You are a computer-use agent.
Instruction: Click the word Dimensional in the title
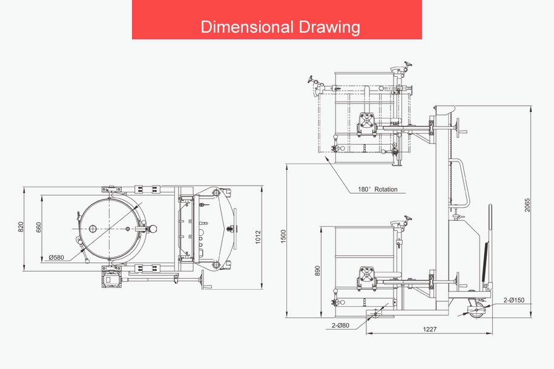coord(247,27)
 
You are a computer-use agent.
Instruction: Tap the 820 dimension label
coord(21,227)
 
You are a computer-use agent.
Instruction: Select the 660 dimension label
coord(39,227)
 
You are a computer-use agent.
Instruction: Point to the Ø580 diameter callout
coord(56,258)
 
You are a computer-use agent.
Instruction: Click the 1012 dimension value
coord(258,237)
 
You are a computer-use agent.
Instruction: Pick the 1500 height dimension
coord(283,237)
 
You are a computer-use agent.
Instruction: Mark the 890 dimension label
coord(317,271)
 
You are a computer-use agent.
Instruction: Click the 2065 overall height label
coord(527,205)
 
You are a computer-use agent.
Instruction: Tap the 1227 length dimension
coord(430,329)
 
